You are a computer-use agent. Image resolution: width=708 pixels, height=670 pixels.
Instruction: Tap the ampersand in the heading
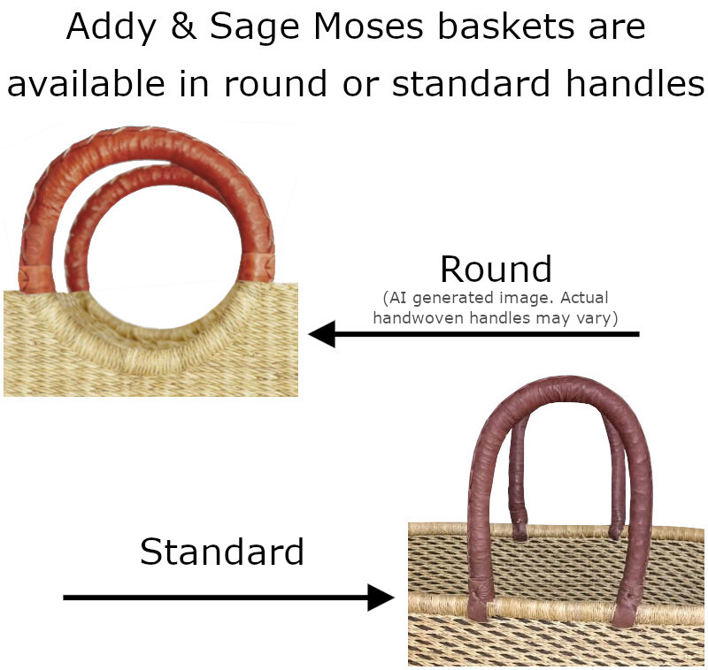[x=184, y=27]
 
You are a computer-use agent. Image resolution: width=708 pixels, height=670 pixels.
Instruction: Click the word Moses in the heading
[x=368, y=27]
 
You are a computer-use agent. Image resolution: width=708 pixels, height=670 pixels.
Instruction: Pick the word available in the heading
[x=86, y=82]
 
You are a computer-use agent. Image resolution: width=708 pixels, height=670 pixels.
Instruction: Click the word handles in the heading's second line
[x=635, y=82]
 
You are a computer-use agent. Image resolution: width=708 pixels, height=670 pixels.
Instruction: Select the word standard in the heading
[x=471, y=82]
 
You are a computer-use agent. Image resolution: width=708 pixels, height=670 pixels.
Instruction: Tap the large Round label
[x=496, y=269]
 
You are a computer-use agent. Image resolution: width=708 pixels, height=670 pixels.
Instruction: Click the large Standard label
[x=222, y=551]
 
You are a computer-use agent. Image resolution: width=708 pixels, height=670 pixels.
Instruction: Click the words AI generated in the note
[x=441, y=298]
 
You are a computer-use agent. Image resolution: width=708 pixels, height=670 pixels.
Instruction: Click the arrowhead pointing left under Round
[x=321, y=334]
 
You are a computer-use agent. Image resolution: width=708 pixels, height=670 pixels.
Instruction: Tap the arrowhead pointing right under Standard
[x=381, y=598]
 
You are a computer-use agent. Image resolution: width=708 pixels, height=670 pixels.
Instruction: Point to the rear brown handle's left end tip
[x=519, y=535]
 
